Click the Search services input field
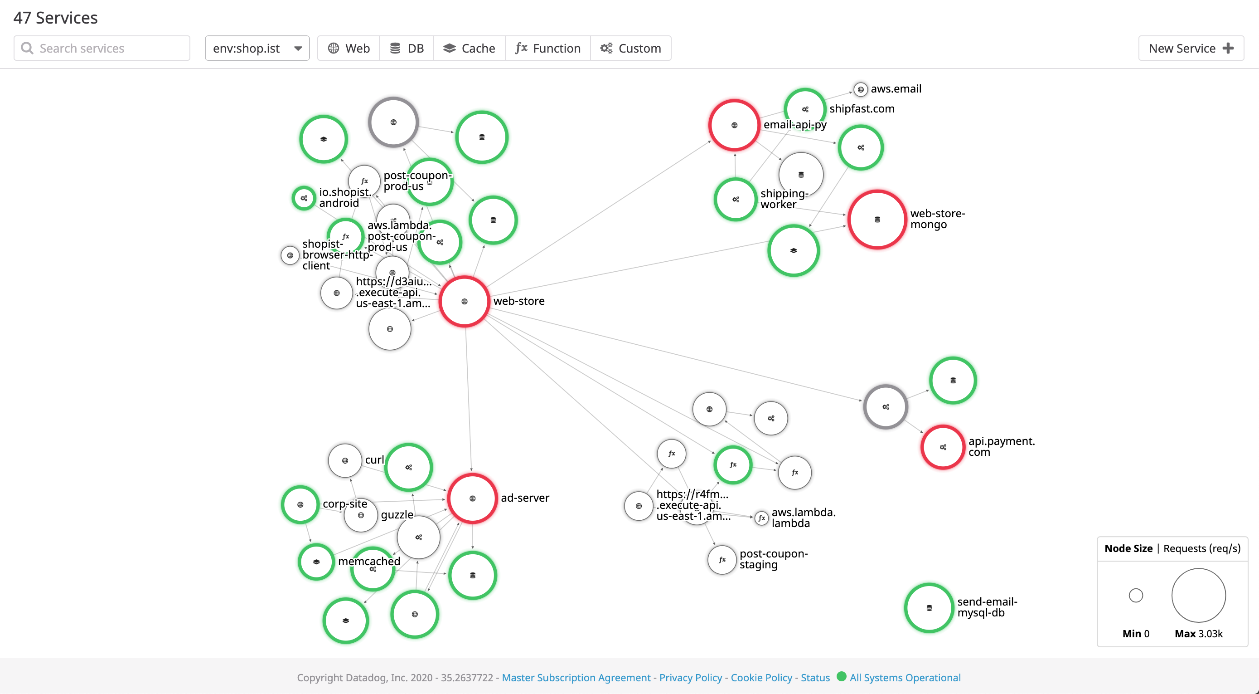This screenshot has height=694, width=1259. [102, 48]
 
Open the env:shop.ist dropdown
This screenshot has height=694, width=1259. [257, 48]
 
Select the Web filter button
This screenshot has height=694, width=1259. [349, 48]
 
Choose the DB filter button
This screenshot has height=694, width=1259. [407, 48]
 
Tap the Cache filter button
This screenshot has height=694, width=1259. [469, 48]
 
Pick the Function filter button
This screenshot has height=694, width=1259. [548, 48]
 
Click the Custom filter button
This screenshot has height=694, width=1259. [630, 48]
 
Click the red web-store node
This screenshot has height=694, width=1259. [464, 301]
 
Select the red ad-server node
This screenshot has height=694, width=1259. [472, 499]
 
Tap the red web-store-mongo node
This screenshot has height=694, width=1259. [877, 220]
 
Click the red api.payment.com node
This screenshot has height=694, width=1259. [943, 447]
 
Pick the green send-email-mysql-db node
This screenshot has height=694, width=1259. [929, 608]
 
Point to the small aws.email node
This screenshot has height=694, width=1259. [861, 89]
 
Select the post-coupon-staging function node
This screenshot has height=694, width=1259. [722, 559]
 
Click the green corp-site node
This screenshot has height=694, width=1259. [300, 505]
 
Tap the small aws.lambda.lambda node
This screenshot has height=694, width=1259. [761, 518]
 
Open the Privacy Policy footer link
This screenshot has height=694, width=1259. [691, 677]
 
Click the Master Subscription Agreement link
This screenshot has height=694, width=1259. [576, 677]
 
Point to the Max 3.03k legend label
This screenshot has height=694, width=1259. [1198, 633]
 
